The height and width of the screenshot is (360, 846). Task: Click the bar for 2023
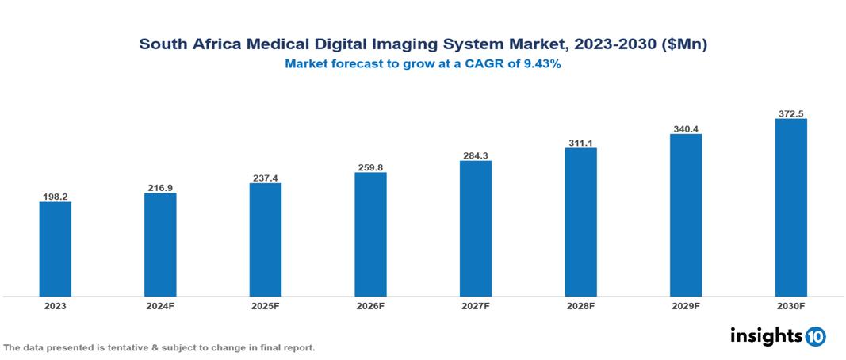tap(55, 249)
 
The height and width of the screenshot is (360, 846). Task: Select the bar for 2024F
tap(160, 245)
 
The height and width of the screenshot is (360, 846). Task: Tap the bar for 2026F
tap(370, 235)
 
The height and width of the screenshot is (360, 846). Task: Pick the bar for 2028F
tap(580, 222)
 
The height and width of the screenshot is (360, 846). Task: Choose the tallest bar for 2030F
tap(790, 208)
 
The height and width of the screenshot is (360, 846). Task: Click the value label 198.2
tap(55, 196)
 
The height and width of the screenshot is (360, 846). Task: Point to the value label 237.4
tap(265, 178)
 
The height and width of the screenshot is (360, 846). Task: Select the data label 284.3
tap(475, 155)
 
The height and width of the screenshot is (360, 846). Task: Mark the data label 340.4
tap(686, 128)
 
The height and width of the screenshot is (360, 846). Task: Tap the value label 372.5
tap(790, 113)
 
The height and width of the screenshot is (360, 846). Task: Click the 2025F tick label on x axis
tap(265, 305)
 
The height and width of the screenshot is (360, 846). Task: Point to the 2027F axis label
tap(475, 305)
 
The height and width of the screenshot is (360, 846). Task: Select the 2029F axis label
tap(686, 305)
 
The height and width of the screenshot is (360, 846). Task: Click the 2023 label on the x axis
tap(55, 305)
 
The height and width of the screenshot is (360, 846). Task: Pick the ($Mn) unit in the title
tap(683, 44)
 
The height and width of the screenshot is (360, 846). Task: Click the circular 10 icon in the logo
tap(815, 336)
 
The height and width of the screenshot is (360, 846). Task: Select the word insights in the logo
tap(765, 335)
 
